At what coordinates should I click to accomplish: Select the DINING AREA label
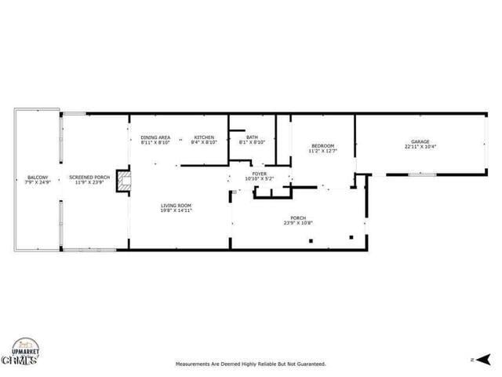[x=155, y=137]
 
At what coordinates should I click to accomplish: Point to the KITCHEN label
[x=205, y=137]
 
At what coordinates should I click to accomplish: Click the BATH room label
[x=251, y=137]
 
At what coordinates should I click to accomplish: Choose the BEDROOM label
[x=323, y=145]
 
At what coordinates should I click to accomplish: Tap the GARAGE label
[x=417, y=142]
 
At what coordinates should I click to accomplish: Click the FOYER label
[x=259, y=174]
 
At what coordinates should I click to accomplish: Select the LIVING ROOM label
[x=176, y=205]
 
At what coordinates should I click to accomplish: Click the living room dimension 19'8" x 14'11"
[x=176, y=210]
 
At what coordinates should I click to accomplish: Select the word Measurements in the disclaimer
[x=192, y=364]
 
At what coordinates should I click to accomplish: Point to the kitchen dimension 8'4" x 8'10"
[x=205, y=142]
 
